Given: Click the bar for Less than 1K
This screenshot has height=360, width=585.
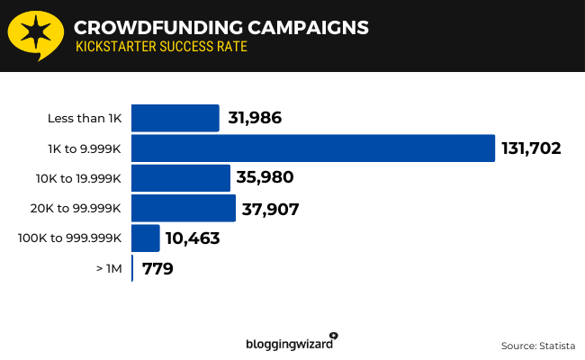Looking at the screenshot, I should coord(175,118).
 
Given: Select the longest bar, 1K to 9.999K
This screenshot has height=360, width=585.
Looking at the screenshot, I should coord(313,148).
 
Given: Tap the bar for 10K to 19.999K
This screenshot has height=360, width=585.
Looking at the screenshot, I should coord(181,178).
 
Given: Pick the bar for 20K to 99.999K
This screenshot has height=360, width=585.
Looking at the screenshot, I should coord(184,208).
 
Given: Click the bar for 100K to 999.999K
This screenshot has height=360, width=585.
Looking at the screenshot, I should coord(146,238).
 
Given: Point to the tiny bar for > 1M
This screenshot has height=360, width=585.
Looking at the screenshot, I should coord(133,268).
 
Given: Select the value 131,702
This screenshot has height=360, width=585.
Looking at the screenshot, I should coord(531,148).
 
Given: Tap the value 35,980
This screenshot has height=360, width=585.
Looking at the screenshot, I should coord(265,178).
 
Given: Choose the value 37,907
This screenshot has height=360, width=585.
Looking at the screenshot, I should coord(270,209).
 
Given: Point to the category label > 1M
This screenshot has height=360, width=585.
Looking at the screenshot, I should coord(110,269).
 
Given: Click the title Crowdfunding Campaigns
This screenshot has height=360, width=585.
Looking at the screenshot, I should coord(220,27).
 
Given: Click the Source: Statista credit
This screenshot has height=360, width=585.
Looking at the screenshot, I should coord(537,345).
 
